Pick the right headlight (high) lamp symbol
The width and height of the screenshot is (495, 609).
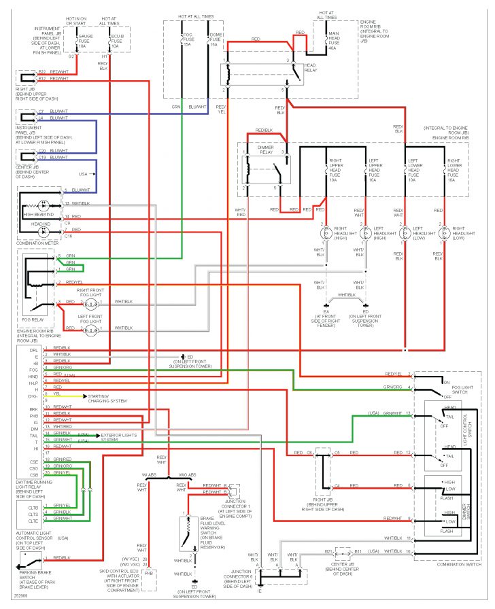(326, 232)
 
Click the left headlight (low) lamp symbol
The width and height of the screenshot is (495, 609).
(405, 232)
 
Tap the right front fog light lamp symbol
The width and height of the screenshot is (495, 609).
(90, 301)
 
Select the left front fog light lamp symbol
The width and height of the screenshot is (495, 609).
(90, 331)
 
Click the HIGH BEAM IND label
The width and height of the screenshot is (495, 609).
(37, 214)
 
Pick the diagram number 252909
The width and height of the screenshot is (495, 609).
(12, 603)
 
